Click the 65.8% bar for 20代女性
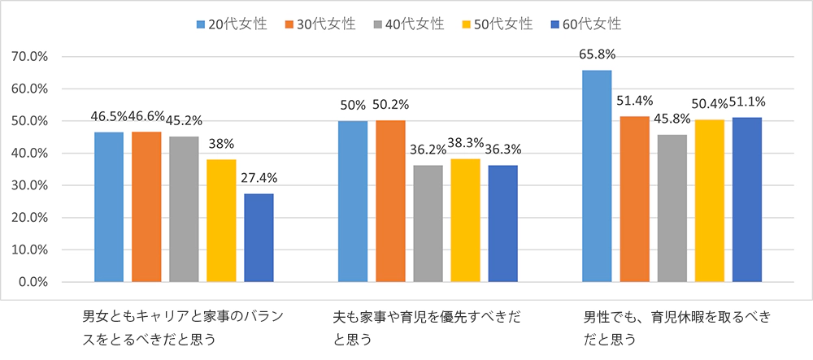coord(597,176)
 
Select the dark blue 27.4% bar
coord(259,238)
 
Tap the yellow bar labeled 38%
coord(221,221)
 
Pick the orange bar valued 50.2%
coord(390,202)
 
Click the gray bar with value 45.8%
coord(672,208)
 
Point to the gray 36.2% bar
coord(428,223)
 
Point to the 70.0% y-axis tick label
coord(30,57)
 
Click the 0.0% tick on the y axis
coord(33,282)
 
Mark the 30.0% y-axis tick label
coord(30,186)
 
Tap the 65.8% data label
coord(597,55)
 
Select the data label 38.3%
coord(466,149)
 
